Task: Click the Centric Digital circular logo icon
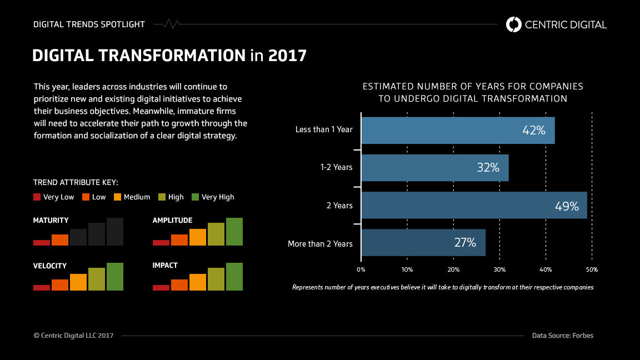point(514,24)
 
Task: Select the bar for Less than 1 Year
point(457,130)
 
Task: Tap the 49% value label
point(567,206)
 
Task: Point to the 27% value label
point(464,243)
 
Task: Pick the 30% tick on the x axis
point(499,269)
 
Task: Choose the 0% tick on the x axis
point(361,269)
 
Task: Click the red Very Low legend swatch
point(37,197)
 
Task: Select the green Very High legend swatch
point(195,197)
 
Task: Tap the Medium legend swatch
point(117,197)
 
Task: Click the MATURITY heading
point(51,221)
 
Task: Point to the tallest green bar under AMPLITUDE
point(234,232)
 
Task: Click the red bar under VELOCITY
point(42,287)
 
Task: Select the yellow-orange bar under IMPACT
point(197,282)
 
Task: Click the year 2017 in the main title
point(287,56)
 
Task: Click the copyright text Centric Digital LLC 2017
point(73,336)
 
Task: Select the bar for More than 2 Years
point(423,243)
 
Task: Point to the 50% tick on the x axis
point(592,269)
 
